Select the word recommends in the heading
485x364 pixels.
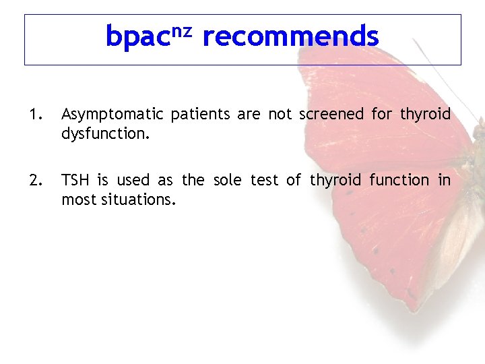290,36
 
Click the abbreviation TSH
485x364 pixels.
75,180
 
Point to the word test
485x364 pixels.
264,180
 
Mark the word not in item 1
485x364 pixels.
280,115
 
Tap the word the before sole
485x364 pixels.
193,180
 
